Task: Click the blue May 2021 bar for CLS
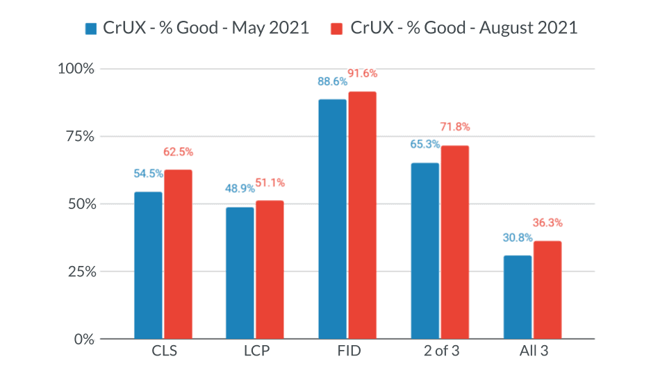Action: click(x=148, y=265)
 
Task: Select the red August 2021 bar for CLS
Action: click(x=178, y=254)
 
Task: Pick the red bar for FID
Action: click(x=362, y=215)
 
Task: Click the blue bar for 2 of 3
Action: click(x=425, y=251)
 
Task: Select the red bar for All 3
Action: click(x=547, y=290)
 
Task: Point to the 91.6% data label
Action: click(x=362, y=74)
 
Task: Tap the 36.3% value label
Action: click(x=547, y=223)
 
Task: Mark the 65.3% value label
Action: click(x=424, y=144)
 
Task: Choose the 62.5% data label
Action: click(x=178, y=151)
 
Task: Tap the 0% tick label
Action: click(x=84, y=339)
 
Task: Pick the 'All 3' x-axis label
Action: click(x=533, y=351)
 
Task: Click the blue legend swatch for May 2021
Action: click(x=91, y=28)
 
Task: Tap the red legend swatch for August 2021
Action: click(x=337, y=28)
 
